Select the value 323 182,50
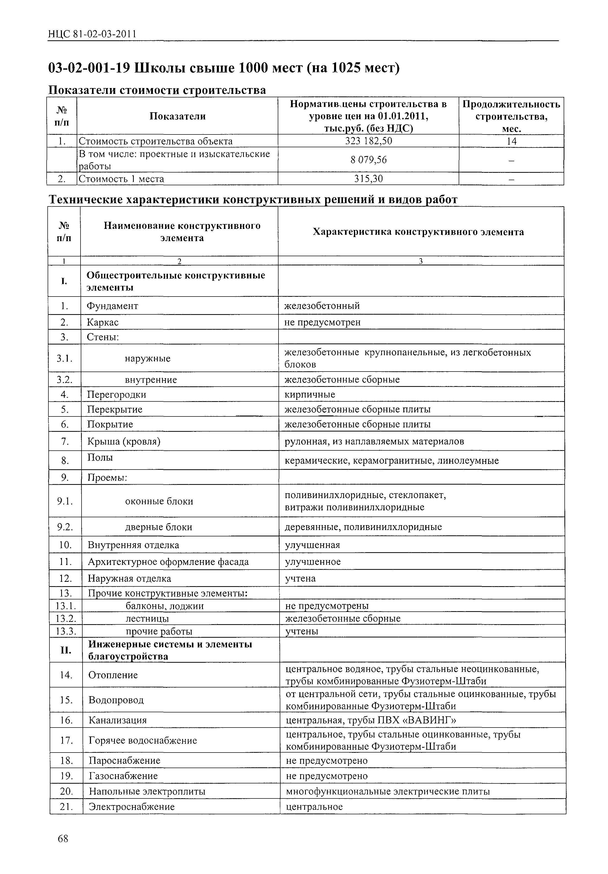[368, 141]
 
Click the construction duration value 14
[511, 141]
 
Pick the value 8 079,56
[368, 160]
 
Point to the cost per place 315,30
[368, 179]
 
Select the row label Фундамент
[113, 306]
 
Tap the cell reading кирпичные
[310, 394]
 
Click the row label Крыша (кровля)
[124, 441]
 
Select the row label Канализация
[117, 720]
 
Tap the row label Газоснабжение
[123, 775]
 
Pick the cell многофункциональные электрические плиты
[388, 791]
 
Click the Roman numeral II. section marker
[65, 650]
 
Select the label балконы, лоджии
[165, 606]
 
